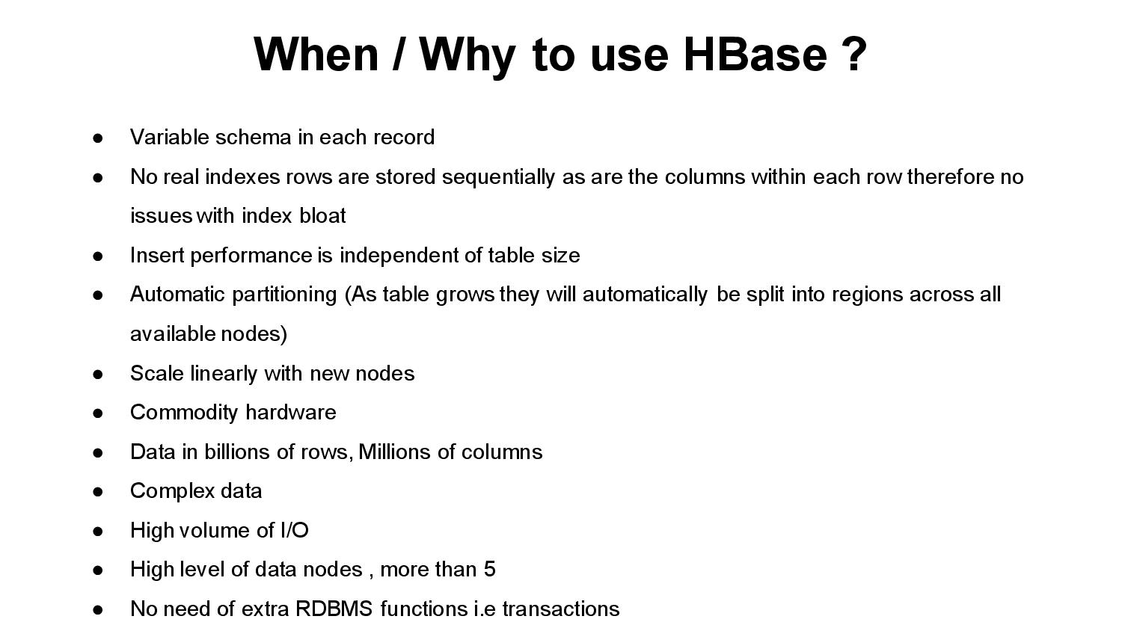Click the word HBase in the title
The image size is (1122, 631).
[755, 54]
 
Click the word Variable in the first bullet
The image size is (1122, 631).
[170, 138]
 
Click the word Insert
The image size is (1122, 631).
[157, 256]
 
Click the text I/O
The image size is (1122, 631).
[294, 531]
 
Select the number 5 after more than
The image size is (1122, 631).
[489, 570]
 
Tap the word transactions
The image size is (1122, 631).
[560, 609]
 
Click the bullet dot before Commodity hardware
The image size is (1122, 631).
[97, 413]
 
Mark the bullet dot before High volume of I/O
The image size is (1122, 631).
[97, 532]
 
